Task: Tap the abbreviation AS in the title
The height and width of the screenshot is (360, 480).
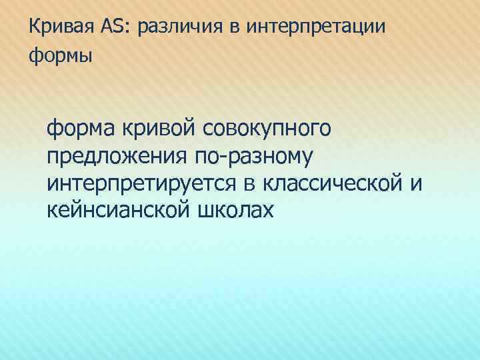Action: (x=112, y=27)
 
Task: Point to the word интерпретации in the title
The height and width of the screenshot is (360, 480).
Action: (x=317, y=27)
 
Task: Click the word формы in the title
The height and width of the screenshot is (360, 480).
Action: (x=61, y=56)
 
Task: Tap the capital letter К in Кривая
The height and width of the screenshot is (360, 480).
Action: (x=35, y=27)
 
